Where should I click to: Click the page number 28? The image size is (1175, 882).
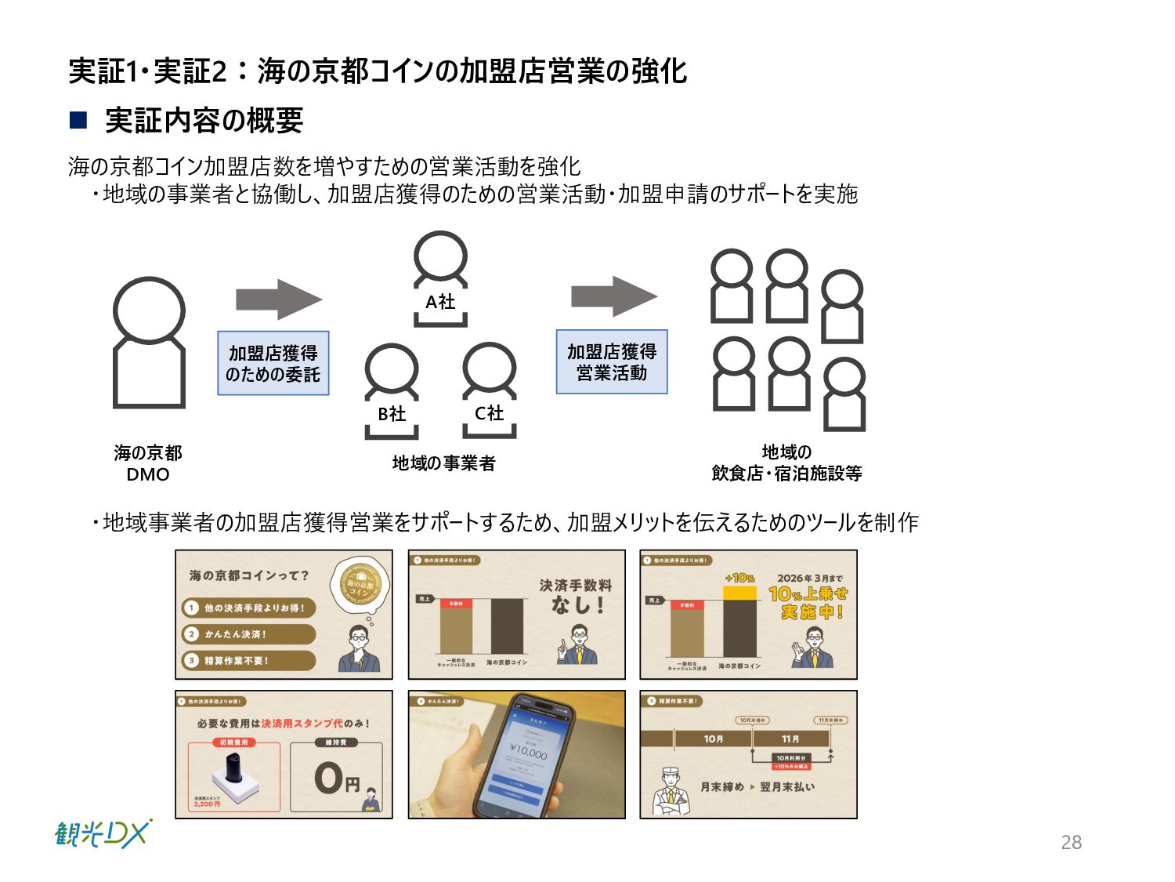1071,842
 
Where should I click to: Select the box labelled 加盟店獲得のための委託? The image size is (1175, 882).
273,363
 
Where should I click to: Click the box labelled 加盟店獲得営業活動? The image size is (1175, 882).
612,361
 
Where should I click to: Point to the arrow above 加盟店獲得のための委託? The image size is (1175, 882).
278,299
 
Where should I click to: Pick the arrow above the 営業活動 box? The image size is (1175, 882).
613,296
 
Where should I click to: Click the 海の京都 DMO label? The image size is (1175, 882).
147,463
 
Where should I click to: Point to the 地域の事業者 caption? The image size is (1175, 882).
443,463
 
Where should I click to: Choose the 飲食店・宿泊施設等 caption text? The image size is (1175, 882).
786,473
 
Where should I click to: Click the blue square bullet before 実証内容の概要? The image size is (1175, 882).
78,120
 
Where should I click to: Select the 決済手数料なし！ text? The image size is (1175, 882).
576,596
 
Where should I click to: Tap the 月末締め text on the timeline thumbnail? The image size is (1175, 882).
721,786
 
